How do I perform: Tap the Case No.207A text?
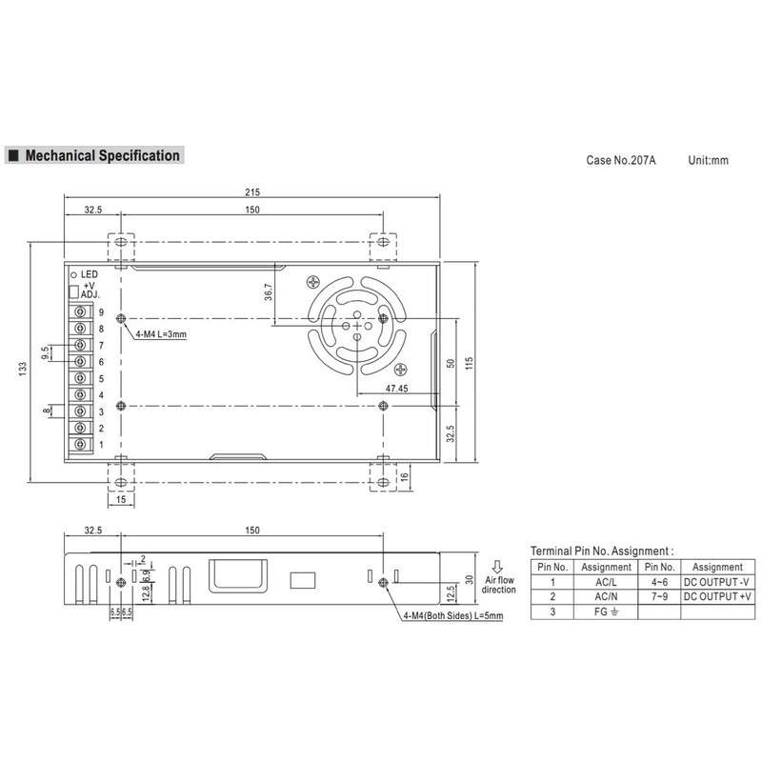(621, 160)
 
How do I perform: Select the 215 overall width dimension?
(252, 192)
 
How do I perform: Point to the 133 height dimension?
(22, 369)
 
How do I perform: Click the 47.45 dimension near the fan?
(396, 389)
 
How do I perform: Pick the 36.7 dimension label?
(269, 291)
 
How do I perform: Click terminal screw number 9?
(80, 311)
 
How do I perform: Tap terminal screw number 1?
(80, 444)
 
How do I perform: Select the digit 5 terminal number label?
(101, 378)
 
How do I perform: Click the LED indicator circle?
(74, 275)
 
